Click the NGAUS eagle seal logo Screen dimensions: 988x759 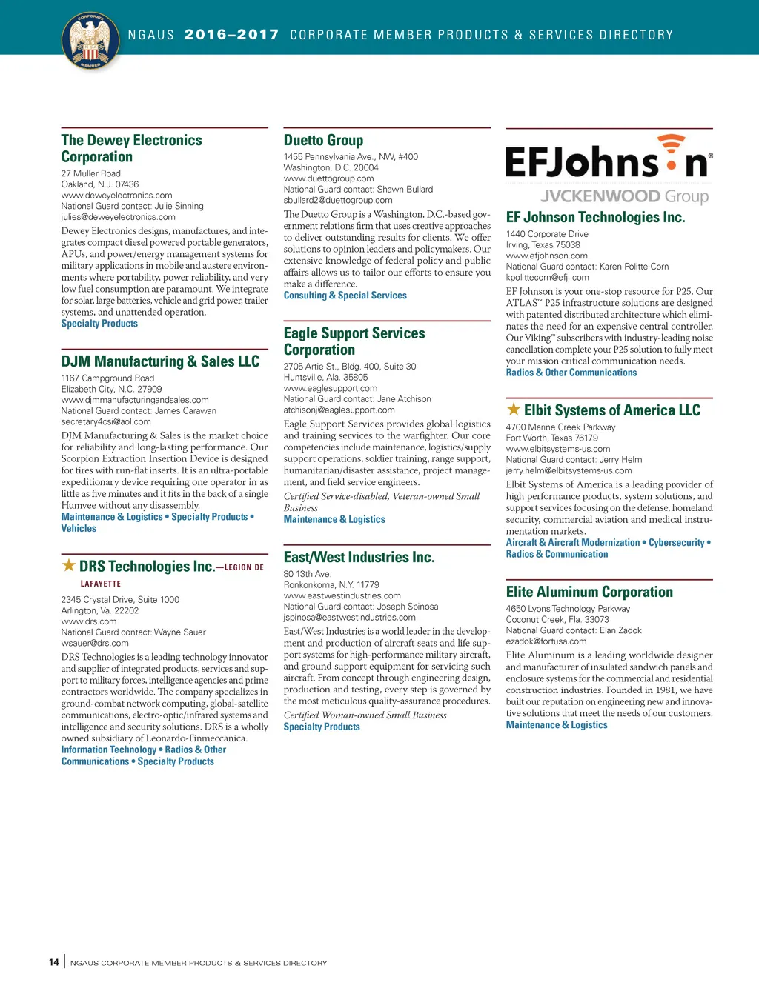[x=90, y=41]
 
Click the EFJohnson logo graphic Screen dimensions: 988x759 [x=609, y=158]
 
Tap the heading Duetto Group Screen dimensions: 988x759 [x=323, y=140]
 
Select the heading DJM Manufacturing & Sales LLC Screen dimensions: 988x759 [x=160, y=361]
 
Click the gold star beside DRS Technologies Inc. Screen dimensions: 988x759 [x=69, y=566]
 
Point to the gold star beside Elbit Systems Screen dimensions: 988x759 [x=513, y=410]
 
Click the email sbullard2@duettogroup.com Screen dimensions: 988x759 [x=338, y=200]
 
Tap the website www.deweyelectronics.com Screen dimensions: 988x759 [x=116, y=196]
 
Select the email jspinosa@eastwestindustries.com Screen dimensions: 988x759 [x=349, y=617]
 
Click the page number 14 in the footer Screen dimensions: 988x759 [x=54, y=962]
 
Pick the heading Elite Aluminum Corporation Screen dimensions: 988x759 [x=589, y=592]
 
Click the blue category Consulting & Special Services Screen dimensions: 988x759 [x=345, y=296]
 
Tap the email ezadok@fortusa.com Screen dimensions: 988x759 [x=546, y=641]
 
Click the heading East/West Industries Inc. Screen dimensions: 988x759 [x=359, y=557]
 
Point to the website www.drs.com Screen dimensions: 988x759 [x=89, y=621]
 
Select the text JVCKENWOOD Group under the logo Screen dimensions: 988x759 [x=624, y=196]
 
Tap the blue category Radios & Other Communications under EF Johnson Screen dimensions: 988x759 [x=571, y=373]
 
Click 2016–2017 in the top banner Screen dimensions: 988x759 [x=231, y=35]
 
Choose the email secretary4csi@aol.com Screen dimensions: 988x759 [x=106, y=421]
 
